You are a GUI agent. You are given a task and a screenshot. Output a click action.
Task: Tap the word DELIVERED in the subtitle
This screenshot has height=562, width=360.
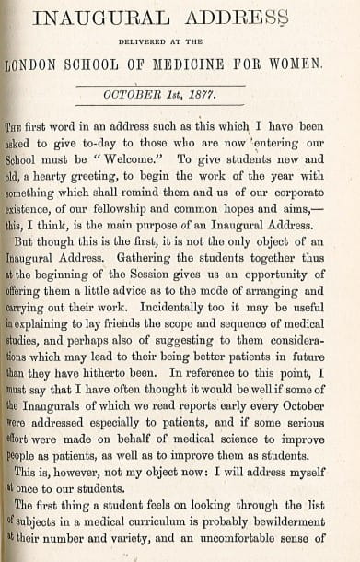[157, 40]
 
